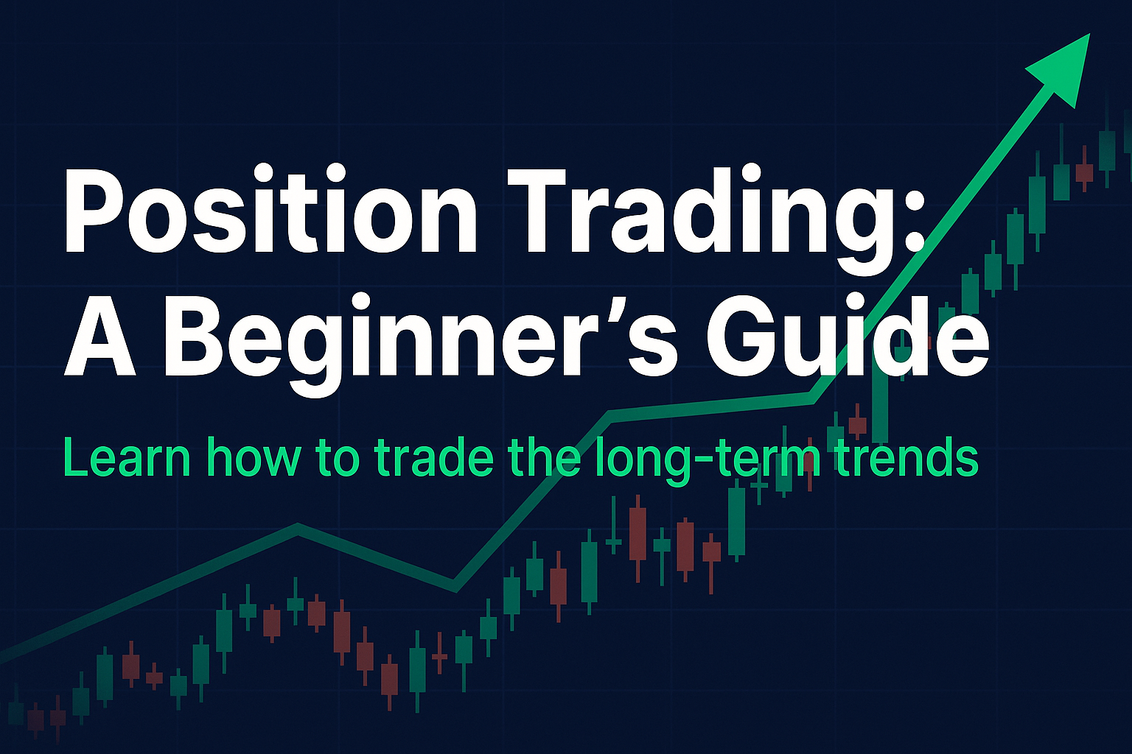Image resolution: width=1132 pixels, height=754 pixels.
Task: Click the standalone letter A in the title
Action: [99, 337]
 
